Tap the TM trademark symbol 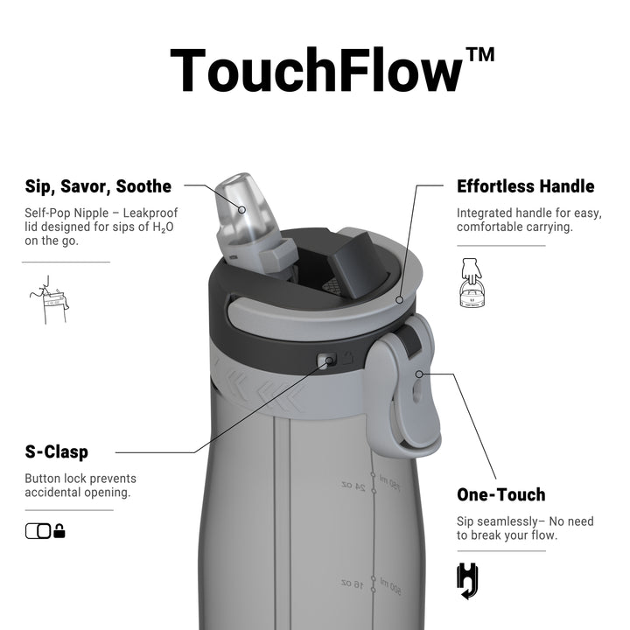point(480,54)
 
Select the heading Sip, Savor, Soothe point(98,187)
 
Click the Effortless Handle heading point(526,186)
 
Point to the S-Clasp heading point(56,451)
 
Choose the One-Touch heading point(501,494)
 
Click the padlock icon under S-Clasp point(59,531)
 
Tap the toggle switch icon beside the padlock point(38,531)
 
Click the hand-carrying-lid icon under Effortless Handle point(472,283)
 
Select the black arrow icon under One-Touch point(467,581)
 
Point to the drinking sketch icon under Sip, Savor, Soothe point(49,300)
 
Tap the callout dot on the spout point(241,210)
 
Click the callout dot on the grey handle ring point(399,300)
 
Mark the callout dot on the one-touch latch point(419,374)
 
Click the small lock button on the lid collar point(326,360)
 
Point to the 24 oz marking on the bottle point(353,486)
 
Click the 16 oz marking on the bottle point(352,584)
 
